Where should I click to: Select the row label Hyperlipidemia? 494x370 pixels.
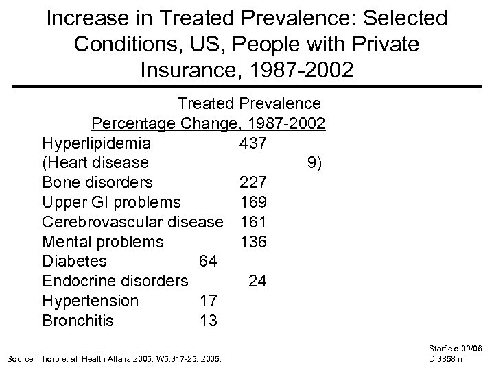pyautogui.click(x=97, y=144)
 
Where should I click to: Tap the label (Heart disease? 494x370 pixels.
pyautogui.click(x=95, y=163)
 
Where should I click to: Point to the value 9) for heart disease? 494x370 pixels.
pyautogui.click(x=316, y=163)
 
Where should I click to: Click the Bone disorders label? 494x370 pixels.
pyautogui.click(x=97, y=183)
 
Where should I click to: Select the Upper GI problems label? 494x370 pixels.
pyautogui.click(x=111, y=203)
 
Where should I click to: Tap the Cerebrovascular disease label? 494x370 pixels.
pyautogui.click(x=132, y=222)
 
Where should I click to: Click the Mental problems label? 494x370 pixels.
pyautogui.click(x=103, y=242)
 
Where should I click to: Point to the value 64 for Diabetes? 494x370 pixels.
pyautogui.click(x=208, y=262)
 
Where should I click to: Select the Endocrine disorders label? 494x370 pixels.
pyautogui.click(x=115, y=281)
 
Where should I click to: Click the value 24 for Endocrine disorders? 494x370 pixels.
pyautogui.click(x=257, y=281)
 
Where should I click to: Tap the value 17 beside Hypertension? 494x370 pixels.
pyautogui.click(x=208, y=301)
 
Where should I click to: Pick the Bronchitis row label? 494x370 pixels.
pyautogui.click(x=78, y=321)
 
